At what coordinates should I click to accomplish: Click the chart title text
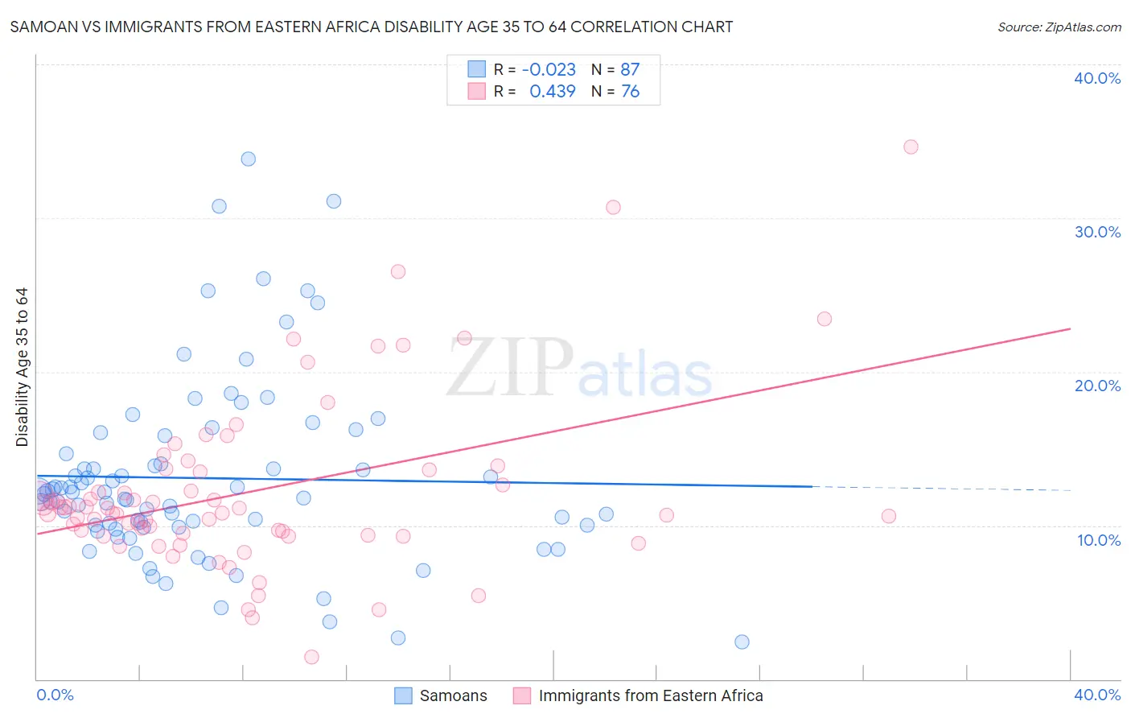pyautogui.click(x=371, y=27)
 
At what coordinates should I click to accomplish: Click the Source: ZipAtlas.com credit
pyautogui.click(x=1059, y=27)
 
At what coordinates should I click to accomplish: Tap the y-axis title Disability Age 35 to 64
pyautogui.click(x=22, y=367)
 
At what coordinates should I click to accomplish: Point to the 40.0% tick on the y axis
pyautogui.click(x=1097, y=78)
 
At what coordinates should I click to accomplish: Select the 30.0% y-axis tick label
pyautogui.click(x=1097, y=232)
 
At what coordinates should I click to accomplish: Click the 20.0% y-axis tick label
pyautogui.click(x=1097, y=386)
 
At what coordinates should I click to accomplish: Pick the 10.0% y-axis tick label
pyautogui.click(x=1098, y=540)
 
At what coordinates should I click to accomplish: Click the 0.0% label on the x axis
pyautogui.click(x=55, y=695)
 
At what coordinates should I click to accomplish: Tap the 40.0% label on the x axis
pyautogui.click(x=1097, y=695)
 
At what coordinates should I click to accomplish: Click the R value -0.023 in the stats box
pyautogui.click(x=549, y=70)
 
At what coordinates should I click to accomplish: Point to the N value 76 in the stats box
pyautogui.click(x=630, y=92)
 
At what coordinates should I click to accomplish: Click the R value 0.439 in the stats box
pyautogui.click(x=552, y=92)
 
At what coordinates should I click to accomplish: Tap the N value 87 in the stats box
pyautogui.click(x=630, y=70)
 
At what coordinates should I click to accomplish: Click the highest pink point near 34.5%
pyautogui.click(x=911, y=146)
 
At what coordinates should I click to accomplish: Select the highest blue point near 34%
pyautogui.click(x=249, y=159)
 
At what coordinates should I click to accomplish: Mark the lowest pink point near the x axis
pyautogui.click(x=311, y=657)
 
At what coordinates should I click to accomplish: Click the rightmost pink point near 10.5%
pyautogui.click(x=889, y=516)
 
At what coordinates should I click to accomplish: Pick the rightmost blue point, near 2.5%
pyautogui.click(x=742, y=642)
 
